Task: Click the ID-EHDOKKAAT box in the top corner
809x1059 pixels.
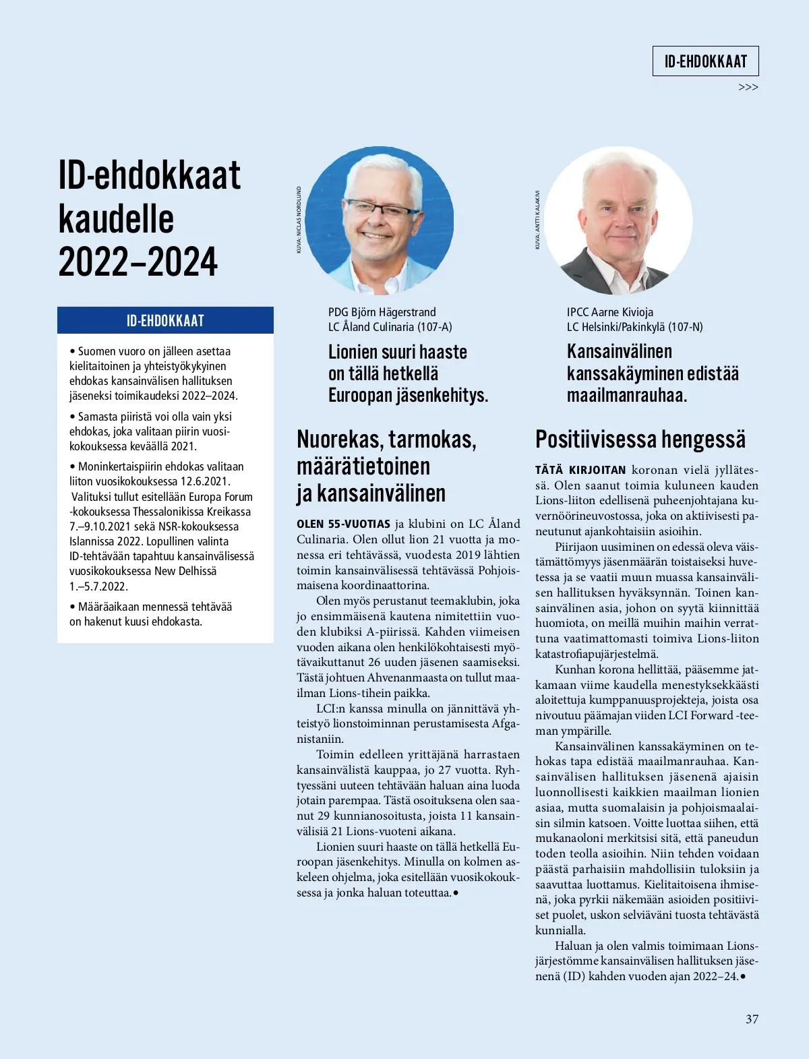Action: [x=705, y=61]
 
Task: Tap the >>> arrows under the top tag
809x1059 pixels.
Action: [x=748, y=88]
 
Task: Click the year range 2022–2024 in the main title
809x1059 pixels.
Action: [x=138, y=262]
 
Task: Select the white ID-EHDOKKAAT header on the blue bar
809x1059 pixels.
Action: [x=165, y=321]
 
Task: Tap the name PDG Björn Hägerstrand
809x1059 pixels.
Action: [x=382, y=312]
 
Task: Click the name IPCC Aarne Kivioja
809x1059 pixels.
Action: [x=609, y=312]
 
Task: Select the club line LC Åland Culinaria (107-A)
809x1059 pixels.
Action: [x=390, y=327]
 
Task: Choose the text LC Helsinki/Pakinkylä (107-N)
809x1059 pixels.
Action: [x=634, y=327]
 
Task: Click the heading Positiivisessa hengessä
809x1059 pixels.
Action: [x=640, y=440]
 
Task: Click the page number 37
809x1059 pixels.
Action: [x=752, y=1019]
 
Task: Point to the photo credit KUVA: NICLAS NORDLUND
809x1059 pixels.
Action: [x=299, y=220]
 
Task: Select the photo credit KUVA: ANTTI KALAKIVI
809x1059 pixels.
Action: [x=537, y=220]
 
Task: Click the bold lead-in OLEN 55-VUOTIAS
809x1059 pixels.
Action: [x=343, y=524]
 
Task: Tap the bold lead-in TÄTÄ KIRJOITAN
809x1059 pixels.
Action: [x=580, y=470]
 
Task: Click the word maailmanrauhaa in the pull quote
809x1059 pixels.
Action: [x=626, y=395]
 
